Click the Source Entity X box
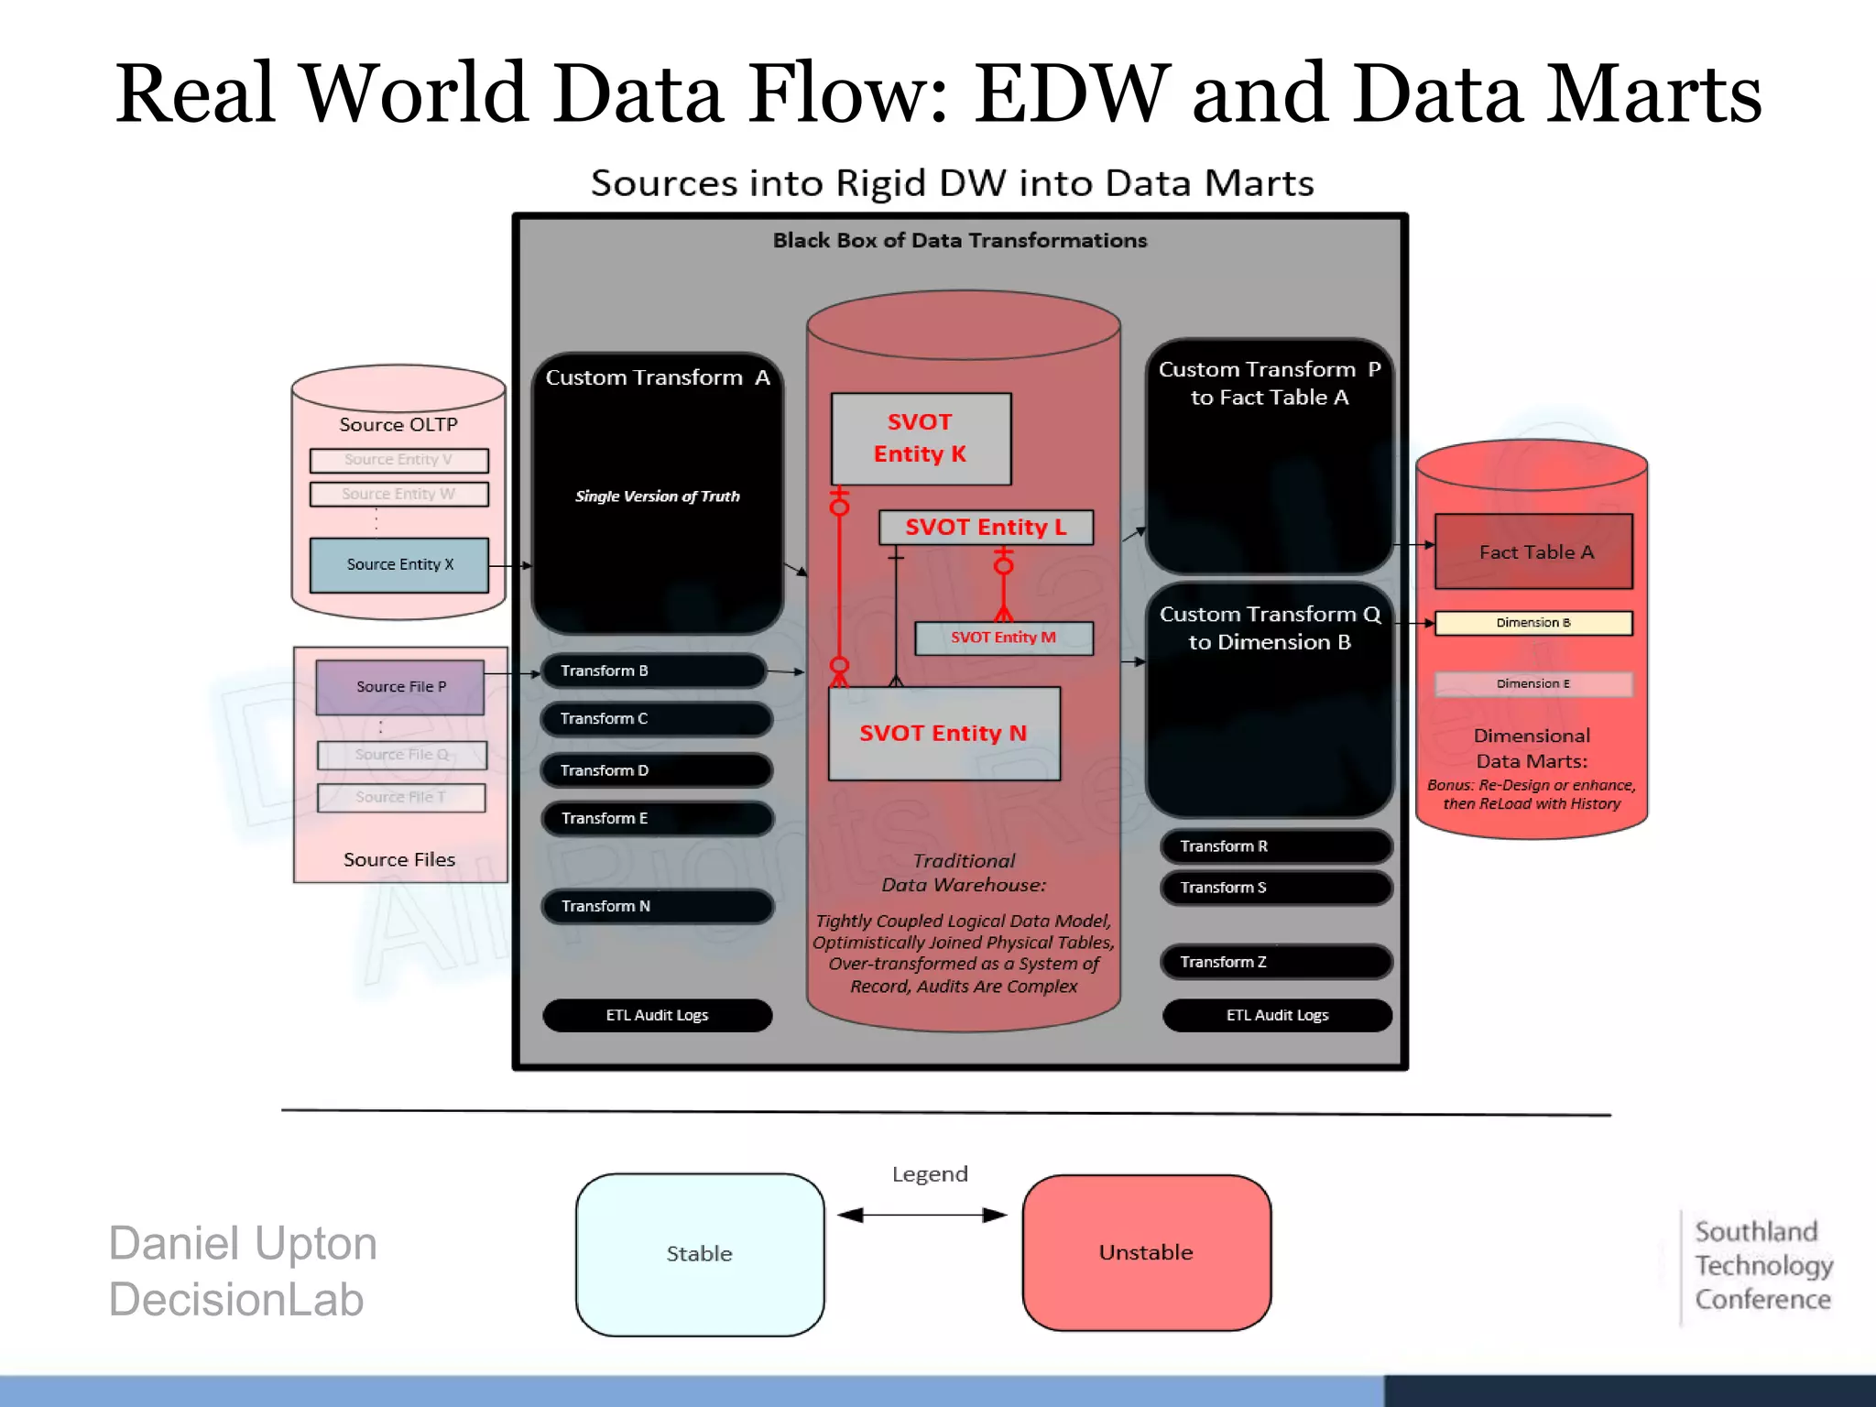pos(399,565)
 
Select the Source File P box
pos(400,687)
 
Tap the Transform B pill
pos(654,671)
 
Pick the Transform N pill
pos(658,906)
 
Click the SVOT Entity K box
pos(921,439)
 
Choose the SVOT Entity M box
pos(1004,638)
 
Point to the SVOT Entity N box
pos(943,734)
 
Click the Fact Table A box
pos(1534,551)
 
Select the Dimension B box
pos(1533,623)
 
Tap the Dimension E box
pos(1533,684)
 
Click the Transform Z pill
pos(1276,962)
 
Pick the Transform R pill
pos(1276,846)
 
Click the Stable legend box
pos(700,1254)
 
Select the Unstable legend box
pos(1146,1252)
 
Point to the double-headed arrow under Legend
pos(922,1216)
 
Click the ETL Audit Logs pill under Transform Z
pos(1277,1015)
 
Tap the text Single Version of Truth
pos(657,496)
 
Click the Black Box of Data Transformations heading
pos(959,241)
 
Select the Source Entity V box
pos(398,460)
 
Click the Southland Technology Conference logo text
pos(1762,1266)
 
